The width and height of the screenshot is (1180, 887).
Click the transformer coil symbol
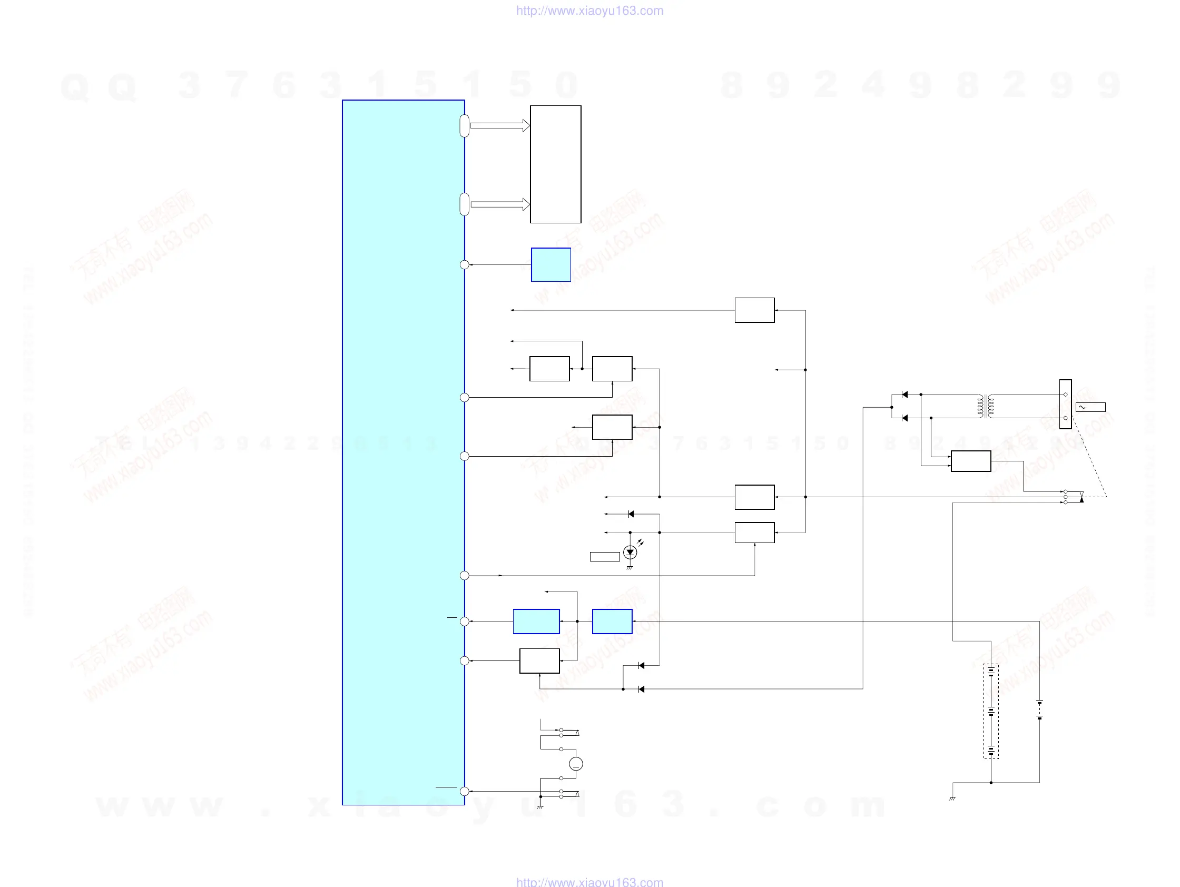985,406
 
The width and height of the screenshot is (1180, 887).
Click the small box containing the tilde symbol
1090,407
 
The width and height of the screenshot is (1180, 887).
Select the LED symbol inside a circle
630,553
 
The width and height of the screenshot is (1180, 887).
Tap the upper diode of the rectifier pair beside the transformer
904,395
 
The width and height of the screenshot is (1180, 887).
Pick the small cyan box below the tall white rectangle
550,264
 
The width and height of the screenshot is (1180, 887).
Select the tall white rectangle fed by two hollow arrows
555,164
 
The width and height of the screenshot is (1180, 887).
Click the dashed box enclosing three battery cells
991,711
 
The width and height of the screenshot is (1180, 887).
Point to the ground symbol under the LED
630,567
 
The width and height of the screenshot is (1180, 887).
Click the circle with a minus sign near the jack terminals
576,764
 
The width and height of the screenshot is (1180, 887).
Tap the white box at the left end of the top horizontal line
754,310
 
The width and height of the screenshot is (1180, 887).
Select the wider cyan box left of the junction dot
536,622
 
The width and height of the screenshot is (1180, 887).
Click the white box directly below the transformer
971,461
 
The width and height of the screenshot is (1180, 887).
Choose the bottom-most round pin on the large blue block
465,792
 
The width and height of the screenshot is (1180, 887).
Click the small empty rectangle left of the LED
604,557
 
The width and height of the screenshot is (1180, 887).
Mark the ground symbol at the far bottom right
952,799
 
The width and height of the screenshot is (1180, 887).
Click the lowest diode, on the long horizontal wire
641,689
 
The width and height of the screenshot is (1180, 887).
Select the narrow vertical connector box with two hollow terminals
1065,405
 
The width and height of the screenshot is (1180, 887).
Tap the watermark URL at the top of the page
589,11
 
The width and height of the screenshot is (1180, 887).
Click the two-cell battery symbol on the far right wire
1039,710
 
